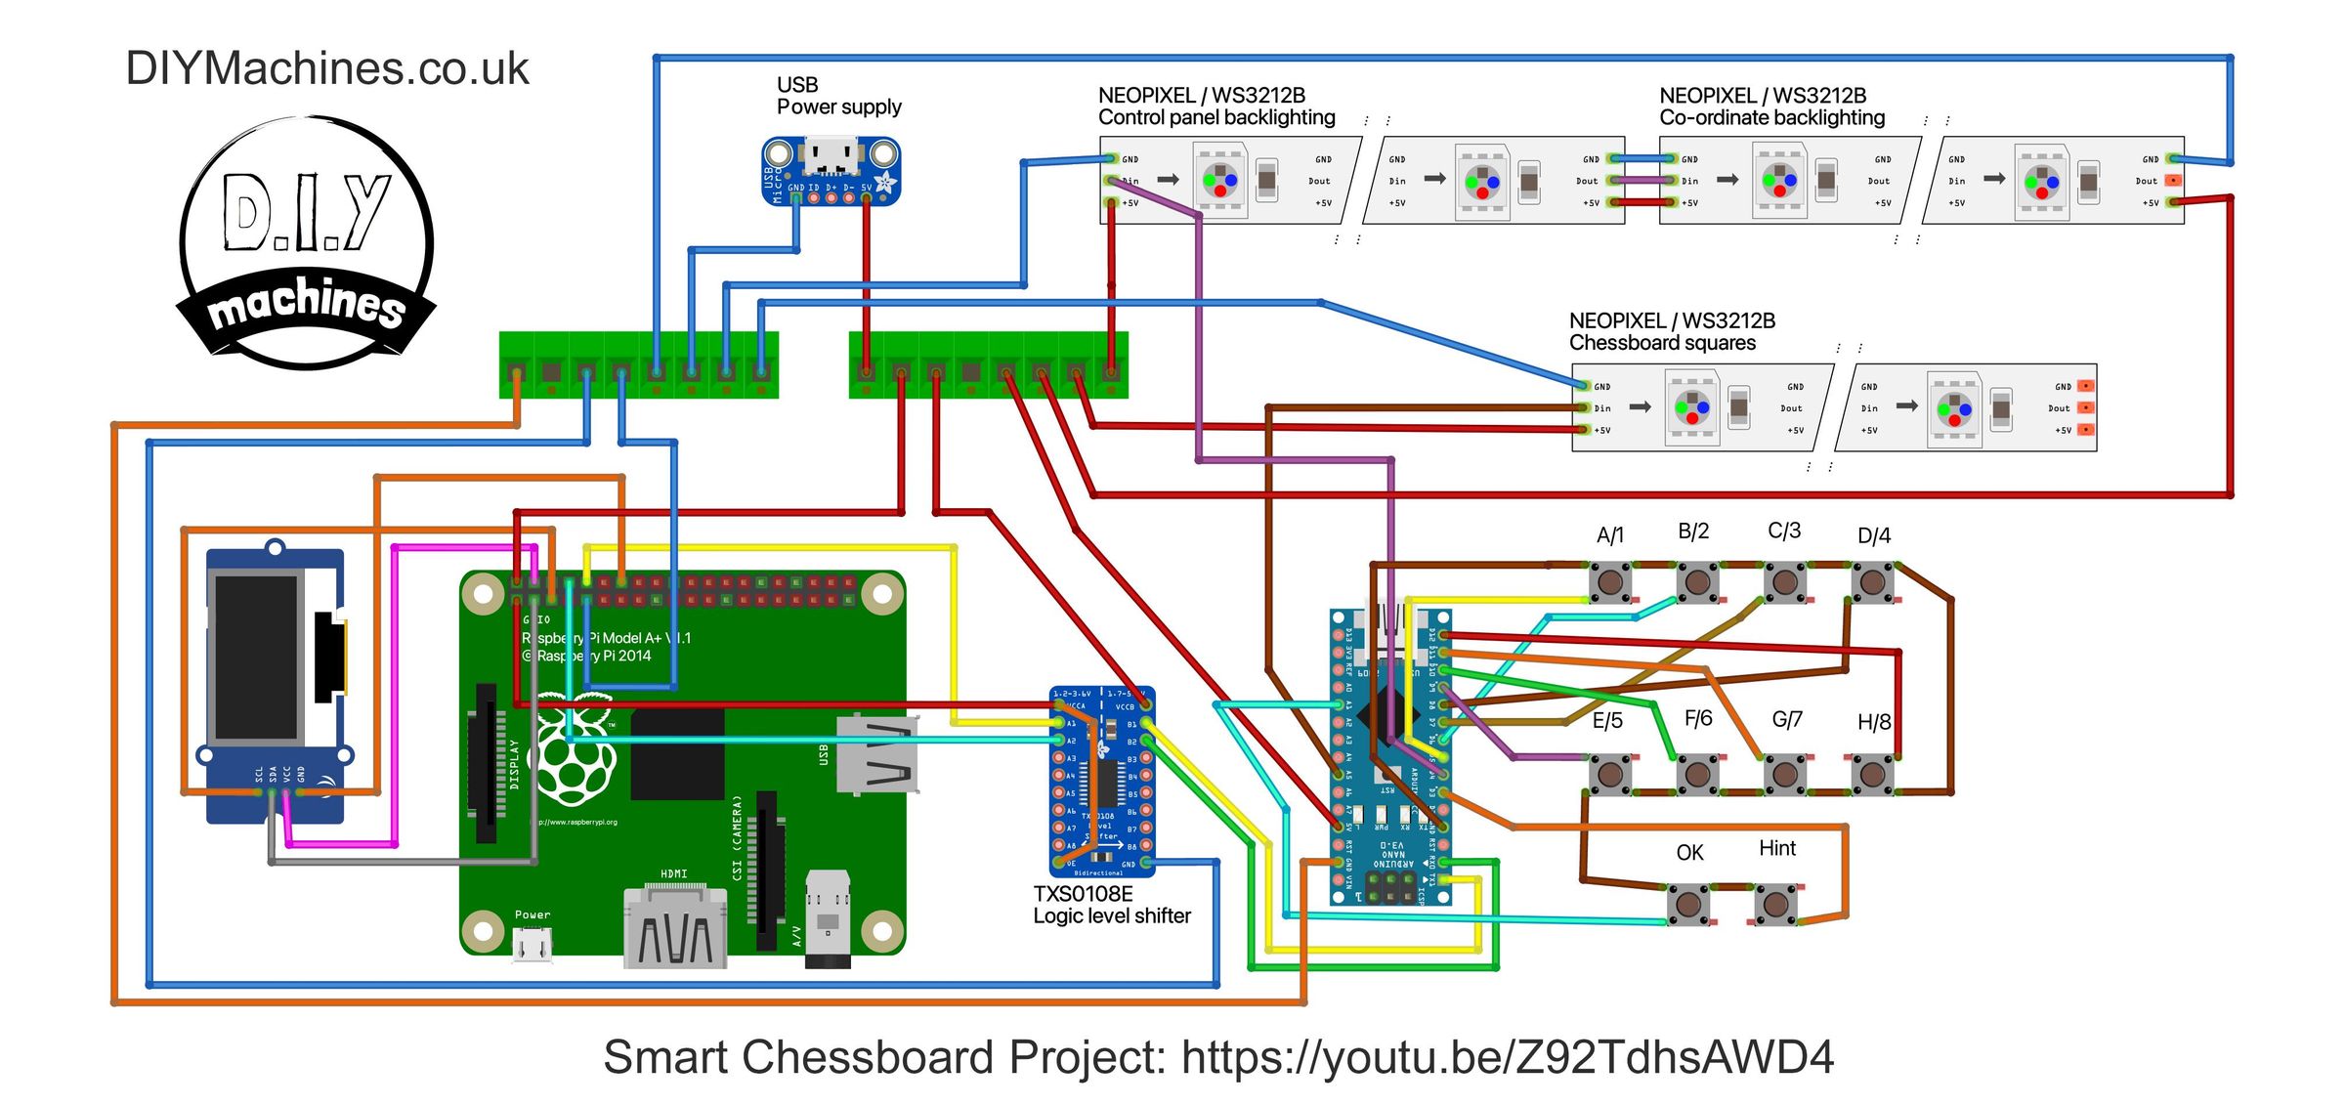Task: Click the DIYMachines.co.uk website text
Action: [x=326, y=68]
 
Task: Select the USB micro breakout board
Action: [x=831, y=171]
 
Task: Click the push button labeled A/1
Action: [x=1609, y=583]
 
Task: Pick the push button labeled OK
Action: [x=1688, y=904]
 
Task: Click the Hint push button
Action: [x=1775, y=904]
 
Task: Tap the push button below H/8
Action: [x=1872, y=775]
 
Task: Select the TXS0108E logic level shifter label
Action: [x=1111, y=905]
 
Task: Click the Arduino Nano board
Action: [x=1390, y=757]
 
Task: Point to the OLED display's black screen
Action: [x=256, y=657]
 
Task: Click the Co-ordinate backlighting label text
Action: [x=1771, y=118]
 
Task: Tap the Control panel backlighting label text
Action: [x=1215, y=118]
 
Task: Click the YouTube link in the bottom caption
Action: [x=1507, y=1057]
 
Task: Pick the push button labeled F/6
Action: [x=1697, y=775]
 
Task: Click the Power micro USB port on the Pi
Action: [x=533, y=945]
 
